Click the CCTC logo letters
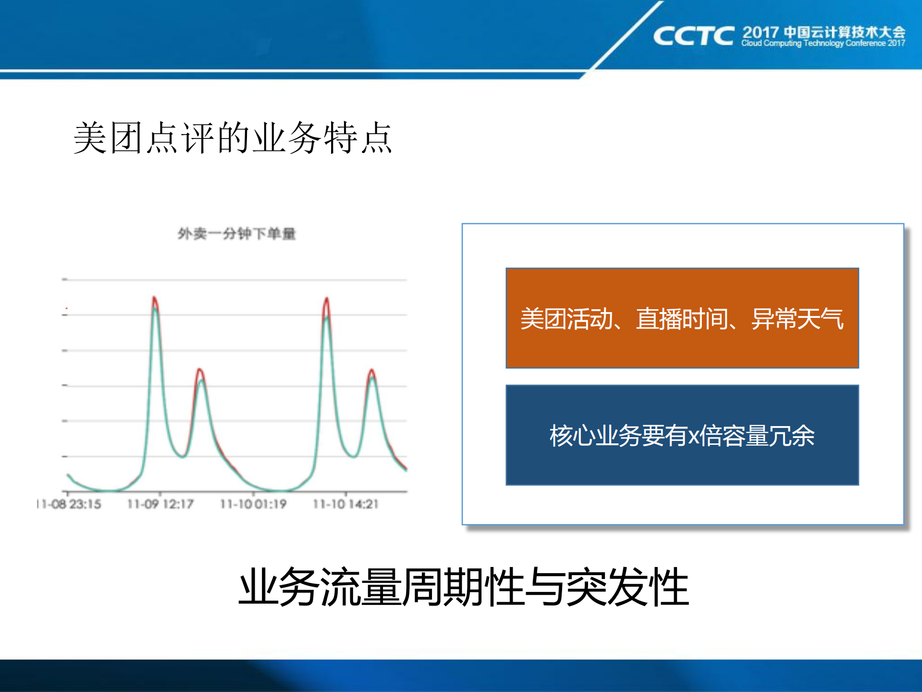693,36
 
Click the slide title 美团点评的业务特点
233,138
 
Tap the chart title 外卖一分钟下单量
236,234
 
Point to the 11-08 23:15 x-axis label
70,504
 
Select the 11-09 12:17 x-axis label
160,504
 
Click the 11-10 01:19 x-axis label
253,504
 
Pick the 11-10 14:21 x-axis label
345,504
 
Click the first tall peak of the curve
155,301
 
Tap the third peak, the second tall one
327,302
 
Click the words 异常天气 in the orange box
797,319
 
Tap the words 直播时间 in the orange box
682,319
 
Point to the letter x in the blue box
693,436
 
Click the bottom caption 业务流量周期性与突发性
464,587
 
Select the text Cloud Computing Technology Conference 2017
823,43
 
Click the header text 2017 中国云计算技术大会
824,32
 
